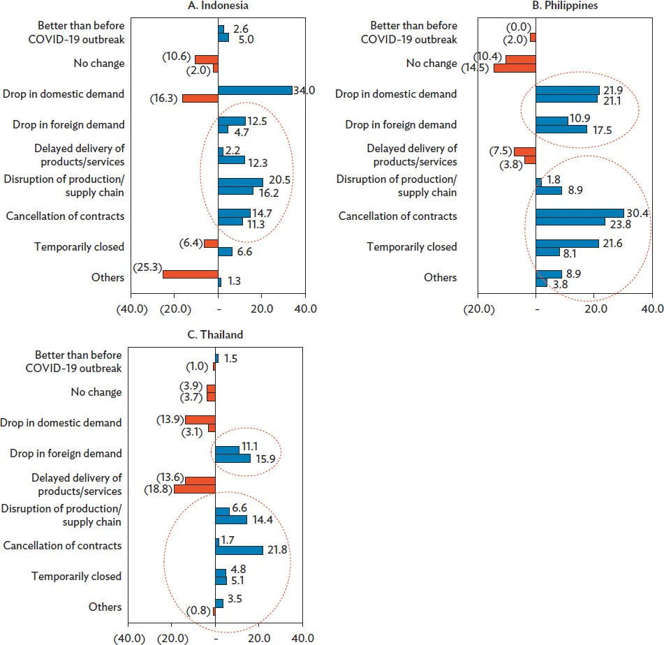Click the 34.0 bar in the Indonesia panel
255,90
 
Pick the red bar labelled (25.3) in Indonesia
190,274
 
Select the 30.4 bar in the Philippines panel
580,213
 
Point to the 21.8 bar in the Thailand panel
239,550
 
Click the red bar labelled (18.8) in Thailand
194,489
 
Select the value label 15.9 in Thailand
265,459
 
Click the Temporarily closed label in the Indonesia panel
79,246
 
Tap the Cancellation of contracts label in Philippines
398,216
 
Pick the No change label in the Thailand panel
96,392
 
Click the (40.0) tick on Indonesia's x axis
132,309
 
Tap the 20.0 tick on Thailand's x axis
260,637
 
